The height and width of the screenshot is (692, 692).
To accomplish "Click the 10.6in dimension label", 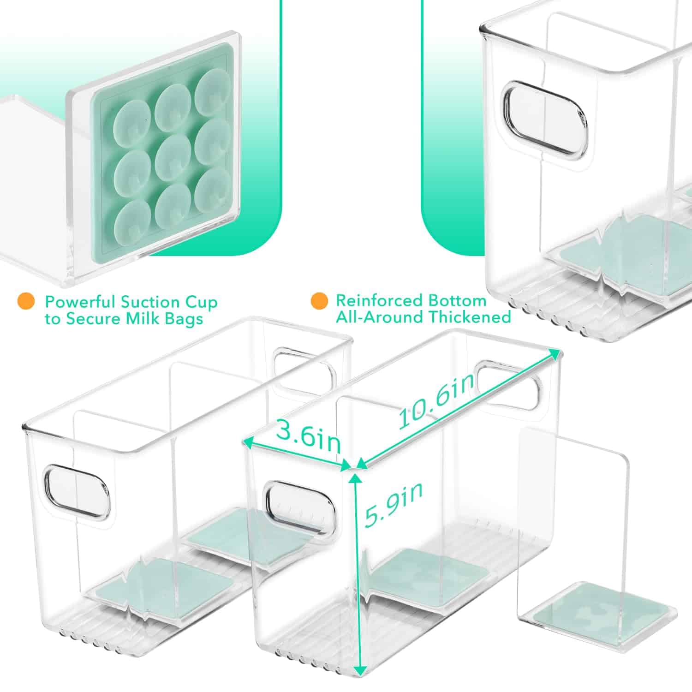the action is [436, 400].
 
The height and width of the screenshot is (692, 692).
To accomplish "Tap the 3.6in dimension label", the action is [308, 436].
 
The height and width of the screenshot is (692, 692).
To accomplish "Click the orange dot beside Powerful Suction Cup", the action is [26, 302].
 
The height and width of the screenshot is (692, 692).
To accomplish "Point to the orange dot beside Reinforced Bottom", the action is [319, 301].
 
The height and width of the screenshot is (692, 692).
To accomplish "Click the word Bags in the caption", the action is [184, 320].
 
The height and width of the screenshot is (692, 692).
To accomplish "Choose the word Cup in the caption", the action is [200, 303].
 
